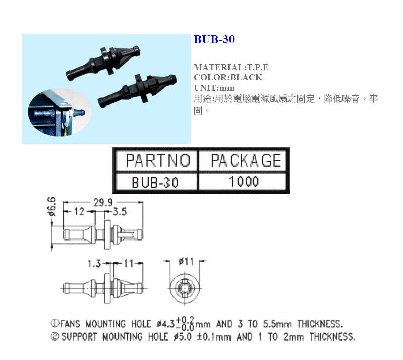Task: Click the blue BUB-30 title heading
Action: (x=214, y=39)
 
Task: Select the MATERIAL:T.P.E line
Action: (x=231, y=67)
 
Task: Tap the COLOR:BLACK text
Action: (x=228, y=77)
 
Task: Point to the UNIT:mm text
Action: (x=214, y=88)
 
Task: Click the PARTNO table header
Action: (x=158, y=161)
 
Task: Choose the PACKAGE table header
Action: (x=246, y=161)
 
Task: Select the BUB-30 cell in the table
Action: (x=155, y=183)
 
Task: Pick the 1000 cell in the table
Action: (x=244, y=182)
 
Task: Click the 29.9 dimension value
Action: (x=103, y=203)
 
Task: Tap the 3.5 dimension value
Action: (x=120, y=212)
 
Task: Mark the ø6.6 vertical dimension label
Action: (x=51, y=207)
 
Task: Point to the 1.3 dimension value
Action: (x=94, y=263)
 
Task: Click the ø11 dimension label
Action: (x=186, y=262)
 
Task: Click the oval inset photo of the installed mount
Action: (x=60, y=112)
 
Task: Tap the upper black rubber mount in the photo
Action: (x=103, y=63)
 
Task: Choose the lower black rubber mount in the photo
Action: (x=137, y=90)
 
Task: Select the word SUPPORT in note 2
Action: (x=79, y=337)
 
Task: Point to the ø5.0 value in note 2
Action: (x=183, y=337)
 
